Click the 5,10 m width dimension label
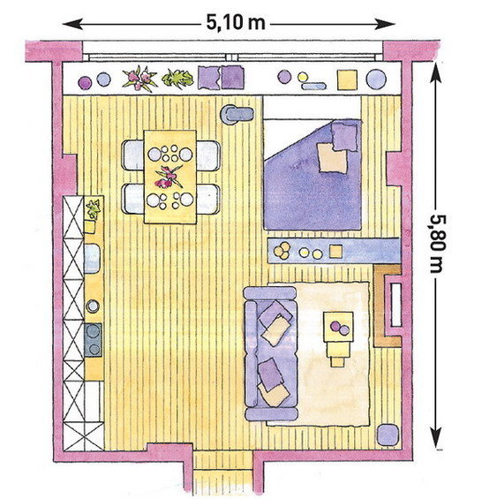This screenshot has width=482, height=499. (236, 23)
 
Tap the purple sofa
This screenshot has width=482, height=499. (271, 353)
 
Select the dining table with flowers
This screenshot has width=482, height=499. (170, 177)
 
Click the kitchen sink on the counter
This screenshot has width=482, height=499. (93, 258)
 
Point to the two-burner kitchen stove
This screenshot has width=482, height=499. (94, 340)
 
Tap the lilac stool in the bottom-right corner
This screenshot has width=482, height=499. (388, 435)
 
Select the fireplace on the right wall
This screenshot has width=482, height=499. (388, 306)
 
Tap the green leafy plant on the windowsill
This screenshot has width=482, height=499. (177, 79)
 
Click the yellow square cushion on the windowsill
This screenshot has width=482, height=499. (347, 79)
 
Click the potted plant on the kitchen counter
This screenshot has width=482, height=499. (94, 209)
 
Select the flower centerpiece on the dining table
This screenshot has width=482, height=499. (169, 176)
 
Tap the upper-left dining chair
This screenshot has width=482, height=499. (133, 155)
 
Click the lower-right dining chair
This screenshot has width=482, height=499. (208, 200)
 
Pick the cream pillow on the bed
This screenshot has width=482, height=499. (333, 158)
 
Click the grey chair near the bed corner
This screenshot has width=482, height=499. (237, 114)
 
